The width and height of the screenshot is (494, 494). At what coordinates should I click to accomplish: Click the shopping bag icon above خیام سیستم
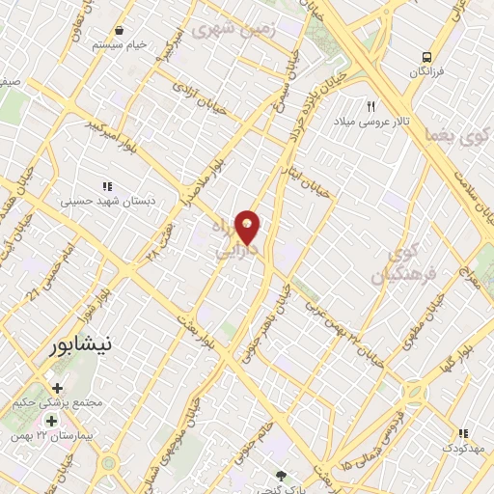119,31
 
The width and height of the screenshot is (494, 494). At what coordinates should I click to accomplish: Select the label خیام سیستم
119,45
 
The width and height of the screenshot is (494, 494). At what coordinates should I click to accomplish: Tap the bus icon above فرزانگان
425,57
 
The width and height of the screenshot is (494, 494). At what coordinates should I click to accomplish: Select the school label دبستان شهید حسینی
107,202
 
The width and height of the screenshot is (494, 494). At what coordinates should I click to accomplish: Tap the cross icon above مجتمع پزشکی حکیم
57,387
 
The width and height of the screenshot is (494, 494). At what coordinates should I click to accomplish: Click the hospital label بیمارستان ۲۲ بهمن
58,436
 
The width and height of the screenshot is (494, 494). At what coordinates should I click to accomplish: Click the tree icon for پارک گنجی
281,476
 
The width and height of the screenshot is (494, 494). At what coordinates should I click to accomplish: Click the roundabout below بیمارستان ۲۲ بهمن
109,464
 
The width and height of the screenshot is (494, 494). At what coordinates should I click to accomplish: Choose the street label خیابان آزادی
199,98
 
